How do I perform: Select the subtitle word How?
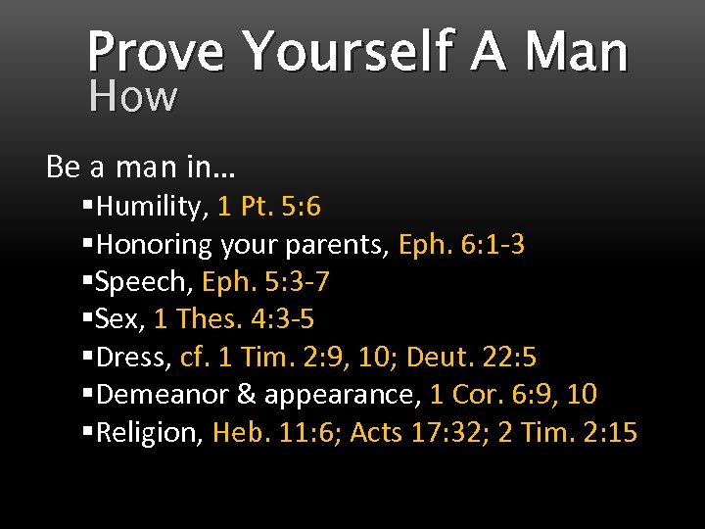(133, 96)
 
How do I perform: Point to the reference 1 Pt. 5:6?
(269, 207)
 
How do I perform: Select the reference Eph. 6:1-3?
(461, 244)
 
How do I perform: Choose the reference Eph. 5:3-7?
(265, 282)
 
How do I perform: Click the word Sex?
(120, 319)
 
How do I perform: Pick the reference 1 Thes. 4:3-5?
(233, 319)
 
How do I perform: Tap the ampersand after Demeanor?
(247, 395)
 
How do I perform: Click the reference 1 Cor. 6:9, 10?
(513, 395)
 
